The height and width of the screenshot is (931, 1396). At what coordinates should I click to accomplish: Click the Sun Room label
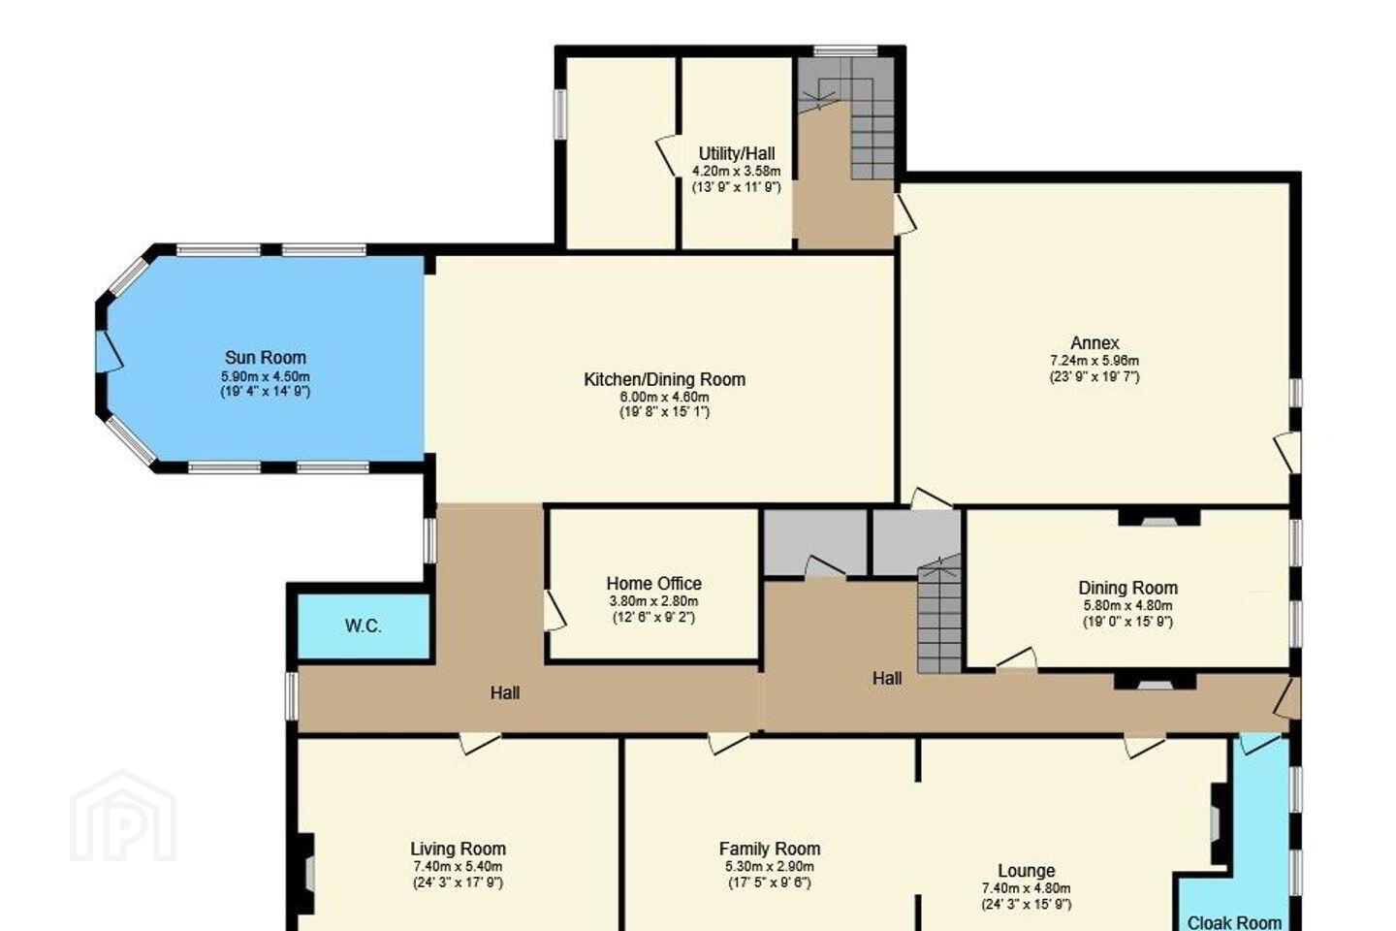pyautogui.click(x=266, y=357)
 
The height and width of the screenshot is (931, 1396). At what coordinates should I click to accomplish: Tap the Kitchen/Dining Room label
pyautogui.click(x=664, y=379)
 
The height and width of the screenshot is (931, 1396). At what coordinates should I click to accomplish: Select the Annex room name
pyautogui.click(x=1095, y=342)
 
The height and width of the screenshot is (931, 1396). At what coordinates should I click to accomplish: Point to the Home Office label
pyautogui.click(x=653, y=583)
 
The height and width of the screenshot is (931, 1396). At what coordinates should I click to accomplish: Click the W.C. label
pyautogui.click(x=364, y=626)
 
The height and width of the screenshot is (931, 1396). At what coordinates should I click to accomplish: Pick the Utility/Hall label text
pyautogui.click(x=737, y=153)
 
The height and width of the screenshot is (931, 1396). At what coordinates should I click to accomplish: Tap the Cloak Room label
pyautogui.click(x=1234, y=922)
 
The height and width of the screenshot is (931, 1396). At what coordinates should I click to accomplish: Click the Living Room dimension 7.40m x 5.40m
pyautogui.click(x=458, y=866)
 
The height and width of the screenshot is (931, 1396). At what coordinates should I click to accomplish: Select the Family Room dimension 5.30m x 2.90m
pyautogui.click(x=770, y=866)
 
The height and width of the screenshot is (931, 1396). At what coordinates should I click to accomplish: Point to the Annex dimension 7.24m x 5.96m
pyautogui.click(x=1095, y=361)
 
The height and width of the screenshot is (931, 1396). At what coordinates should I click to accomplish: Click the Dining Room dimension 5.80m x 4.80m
pyautogui.click(x=1128, y=605)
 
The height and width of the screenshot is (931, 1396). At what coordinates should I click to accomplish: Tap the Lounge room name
pyautogui.click(x=1027, y=871)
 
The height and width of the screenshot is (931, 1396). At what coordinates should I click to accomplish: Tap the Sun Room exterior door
pyautogui.click(x=109, y=352)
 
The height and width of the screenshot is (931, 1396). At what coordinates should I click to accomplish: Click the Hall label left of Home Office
pyautogui.click(x=505, y=692)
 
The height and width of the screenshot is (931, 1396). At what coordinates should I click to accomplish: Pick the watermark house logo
pyautogui.click(x=123, y=816)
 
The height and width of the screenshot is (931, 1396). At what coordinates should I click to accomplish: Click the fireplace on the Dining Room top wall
pyautogui.click(x=1159, y=518)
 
